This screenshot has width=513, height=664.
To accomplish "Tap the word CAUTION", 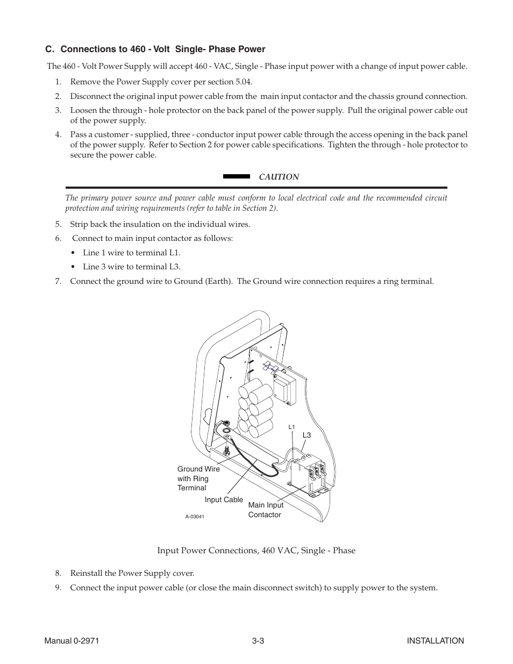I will (x=279, y=177).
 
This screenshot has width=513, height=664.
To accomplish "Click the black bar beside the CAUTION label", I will (x=237, y=176).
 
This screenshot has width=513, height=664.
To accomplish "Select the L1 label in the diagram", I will (x=291, y=427).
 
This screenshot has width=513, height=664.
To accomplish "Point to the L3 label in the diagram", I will (x=307, y=435).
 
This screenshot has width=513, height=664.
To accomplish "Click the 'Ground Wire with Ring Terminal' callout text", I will (x=198, y=479).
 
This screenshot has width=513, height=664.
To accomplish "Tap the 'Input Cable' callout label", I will (x=224, y=499).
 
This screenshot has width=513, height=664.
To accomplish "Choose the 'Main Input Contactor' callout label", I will (x=266, y=510).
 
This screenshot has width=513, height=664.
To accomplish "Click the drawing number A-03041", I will (x=195, y=517).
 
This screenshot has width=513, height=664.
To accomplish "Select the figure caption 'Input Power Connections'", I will (x=256, y=551).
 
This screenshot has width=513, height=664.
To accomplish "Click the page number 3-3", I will (x=257, y=641).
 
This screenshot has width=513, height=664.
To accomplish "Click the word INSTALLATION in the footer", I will (x=435, y=641).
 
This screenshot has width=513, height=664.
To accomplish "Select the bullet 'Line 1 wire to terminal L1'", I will (x=131, y=253).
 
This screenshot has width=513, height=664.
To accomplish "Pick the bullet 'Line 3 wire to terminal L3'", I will (x=131, y=267).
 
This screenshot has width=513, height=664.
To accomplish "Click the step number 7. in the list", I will (x=58, y=281).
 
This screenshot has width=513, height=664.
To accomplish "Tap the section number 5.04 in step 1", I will (x=243, y=82).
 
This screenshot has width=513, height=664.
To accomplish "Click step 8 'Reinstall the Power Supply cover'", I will (x=132, y=573).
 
